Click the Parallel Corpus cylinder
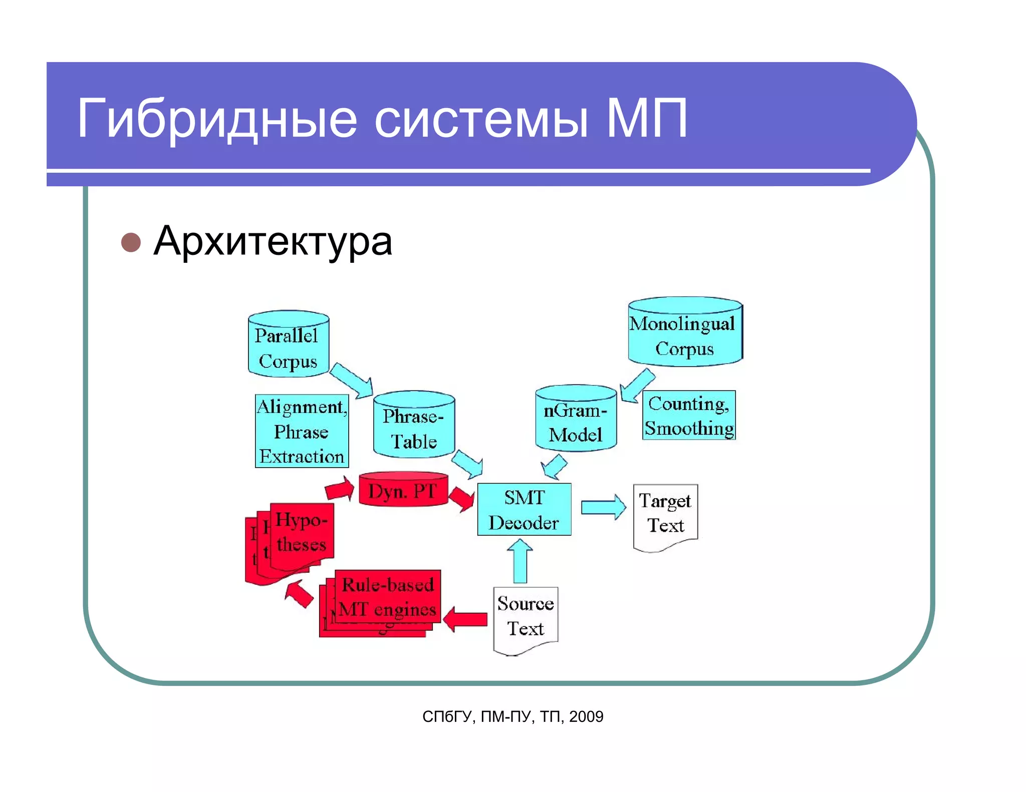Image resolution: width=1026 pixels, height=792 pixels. click(289, 345)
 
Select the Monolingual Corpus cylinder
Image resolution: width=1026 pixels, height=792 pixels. click(685, 333)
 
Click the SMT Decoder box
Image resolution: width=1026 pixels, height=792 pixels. click(524, 510)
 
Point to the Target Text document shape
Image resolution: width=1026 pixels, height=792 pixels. click(665, 516)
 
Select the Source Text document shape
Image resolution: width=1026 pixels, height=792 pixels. click(526, 618)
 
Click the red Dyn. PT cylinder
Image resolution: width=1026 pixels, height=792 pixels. click(403, 490)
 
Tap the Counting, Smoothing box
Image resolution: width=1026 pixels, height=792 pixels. click(689, 416)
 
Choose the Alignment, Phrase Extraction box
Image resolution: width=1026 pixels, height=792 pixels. click(302, 432)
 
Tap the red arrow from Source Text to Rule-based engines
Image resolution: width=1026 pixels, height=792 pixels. click(465, 619)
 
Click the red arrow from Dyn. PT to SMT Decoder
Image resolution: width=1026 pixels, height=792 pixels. click(461, 498)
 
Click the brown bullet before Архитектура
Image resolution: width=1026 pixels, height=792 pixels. click(131, 242)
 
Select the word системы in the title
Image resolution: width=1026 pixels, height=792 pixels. click(481, 119)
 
